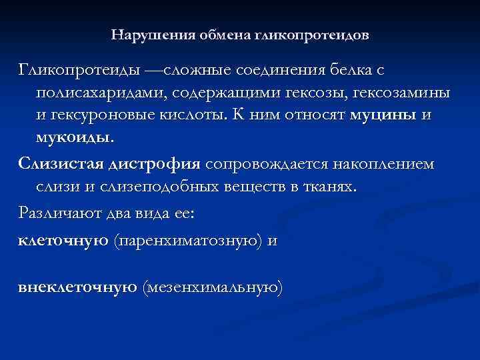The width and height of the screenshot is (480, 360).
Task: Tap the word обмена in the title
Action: tap(216, 33)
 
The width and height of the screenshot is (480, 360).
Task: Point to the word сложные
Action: tap(198, 70)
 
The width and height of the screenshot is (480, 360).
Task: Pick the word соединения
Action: tap(283, 70)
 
